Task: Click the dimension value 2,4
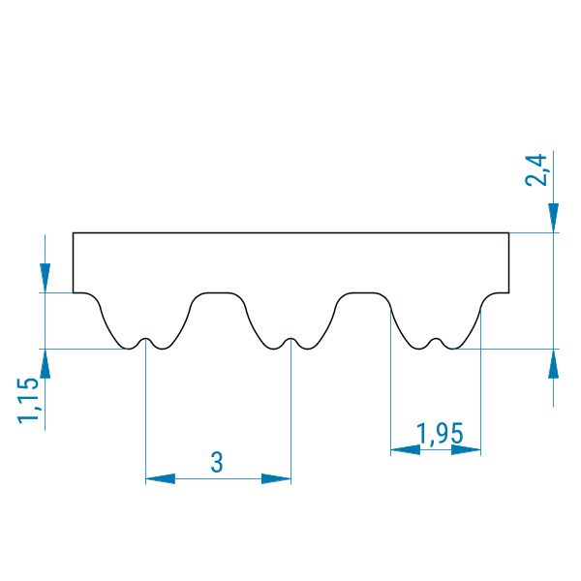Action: pos(535,170)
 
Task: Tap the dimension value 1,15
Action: pos(28,401)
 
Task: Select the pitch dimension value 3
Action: pos(217,462)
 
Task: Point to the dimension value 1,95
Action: pos(440,433)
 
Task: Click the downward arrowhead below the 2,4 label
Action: pos(553,218)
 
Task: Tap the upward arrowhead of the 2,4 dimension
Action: pos(553,363)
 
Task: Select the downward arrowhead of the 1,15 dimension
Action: pos(45,278)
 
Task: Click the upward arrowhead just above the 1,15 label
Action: pos(45,363)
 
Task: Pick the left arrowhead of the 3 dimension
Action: pos(161,478)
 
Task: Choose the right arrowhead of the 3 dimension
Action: pos(276,478)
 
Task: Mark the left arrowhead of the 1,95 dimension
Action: pos(406,450)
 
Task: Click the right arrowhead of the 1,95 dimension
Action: pos(466,450)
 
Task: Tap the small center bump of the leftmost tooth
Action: pos(145,339)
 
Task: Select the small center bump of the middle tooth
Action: pos(290,339)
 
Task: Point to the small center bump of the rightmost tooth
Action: pos(436,339)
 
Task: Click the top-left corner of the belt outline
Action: pos(73,233)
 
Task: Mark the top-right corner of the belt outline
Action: pos(508,233)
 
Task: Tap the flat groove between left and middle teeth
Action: pos(218,293)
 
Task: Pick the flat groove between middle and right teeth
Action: pos(363,293)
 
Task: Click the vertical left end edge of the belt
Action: pos(73,263)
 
